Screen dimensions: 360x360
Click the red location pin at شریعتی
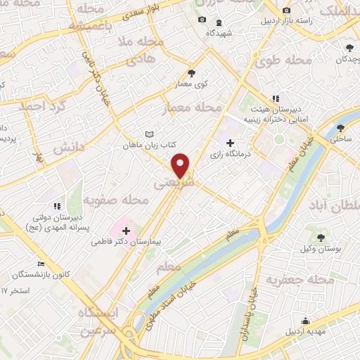coord(181,165)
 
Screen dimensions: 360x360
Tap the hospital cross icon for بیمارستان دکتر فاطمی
coord(126,231)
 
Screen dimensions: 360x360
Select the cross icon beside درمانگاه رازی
coord(231,143)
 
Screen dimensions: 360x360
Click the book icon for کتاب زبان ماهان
coord(148,134)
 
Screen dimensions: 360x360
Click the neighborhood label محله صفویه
coord(116,201)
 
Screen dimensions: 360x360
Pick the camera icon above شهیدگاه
coord(202,20)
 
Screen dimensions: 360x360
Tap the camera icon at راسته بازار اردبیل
coord(286,11)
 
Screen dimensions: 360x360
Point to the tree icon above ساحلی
coord(341,128)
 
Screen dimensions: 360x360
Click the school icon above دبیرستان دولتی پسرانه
coord(57,206)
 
